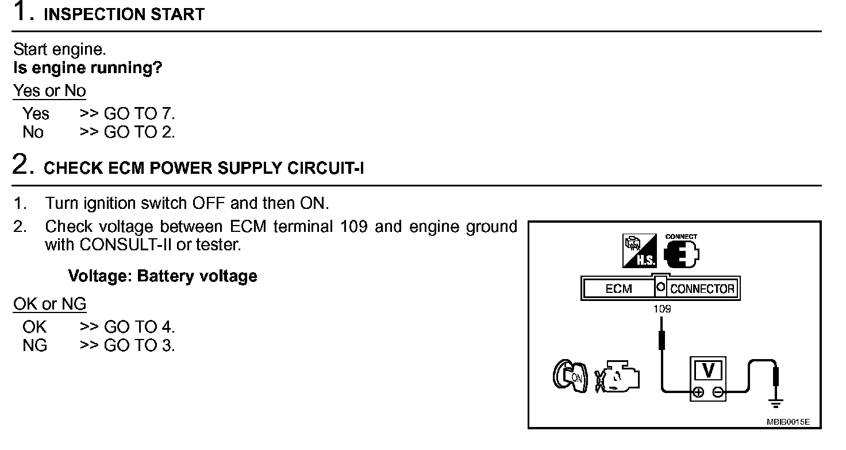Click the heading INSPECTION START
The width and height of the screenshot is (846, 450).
click(x=124, y=14)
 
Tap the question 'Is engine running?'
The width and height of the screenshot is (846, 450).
click(x=87, y=68)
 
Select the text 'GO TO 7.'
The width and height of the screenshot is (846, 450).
click(x=139, y=113)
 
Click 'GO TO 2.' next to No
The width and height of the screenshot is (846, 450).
click(x=139, y=132)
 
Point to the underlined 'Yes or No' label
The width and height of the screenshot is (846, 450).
click(x=49, y=91)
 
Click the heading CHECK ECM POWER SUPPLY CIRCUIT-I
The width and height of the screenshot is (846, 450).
click(x=204, y=168)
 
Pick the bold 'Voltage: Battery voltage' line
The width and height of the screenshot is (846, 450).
click(x=163, y=276)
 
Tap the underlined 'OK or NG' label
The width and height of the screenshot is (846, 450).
click(x=49, y=304)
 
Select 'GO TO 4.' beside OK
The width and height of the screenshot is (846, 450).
click(x=139, y=327)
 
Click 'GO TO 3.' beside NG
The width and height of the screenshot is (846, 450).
click(x=139, y=345)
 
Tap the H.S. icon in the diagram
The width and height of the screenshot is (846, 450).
click(x=640, y=251)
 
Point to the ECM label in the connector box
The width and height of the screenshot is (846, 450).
click(x=618, y=289)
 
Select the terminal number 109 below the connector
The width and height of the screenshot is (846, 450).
click(x=662, y=309)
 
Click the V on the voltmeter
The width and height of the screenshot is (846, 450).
click(x=708, y=370)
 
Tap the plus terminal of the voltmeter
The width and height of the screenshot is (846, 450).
click(x=698, y=392)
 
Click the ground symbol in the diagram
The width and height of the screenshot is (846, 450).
click(x=776, y=403)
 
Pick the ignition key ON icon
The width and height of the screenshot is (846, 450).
click(x=570, y=376)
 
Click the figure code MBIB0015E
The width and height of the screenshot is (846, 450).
click(x=788, y=422)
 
